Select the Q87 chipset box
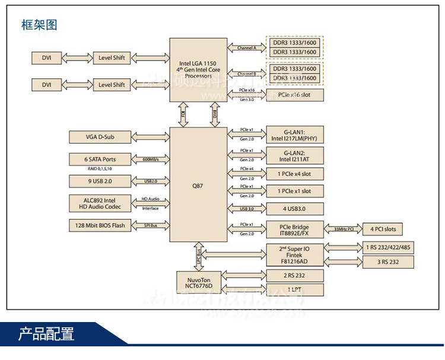(198, 184)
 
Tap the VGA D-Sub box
(100, 138)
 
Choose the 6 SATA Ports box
(100, 159)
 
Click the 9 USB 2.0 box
(100, 180)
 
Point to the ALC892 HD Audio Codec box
(100, 203)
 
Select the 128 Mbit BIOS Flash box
(100, 225)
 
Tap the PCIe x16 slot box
(295, 95)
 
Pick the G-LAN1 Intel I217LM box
(295, 135)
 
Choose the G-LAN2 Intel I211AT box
(295, 155)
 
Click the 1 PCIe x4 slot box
(295, 174)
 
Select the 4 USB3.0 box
(295, 209)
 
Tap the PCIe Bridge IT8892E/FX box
(295, 230)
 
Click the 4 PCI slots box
(383, 229)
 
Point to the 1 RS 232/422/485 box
(389, 247)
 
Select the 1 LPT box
(295, 290)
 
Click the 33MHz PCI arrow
(345, 229)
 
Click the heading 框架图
(39, 25)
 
